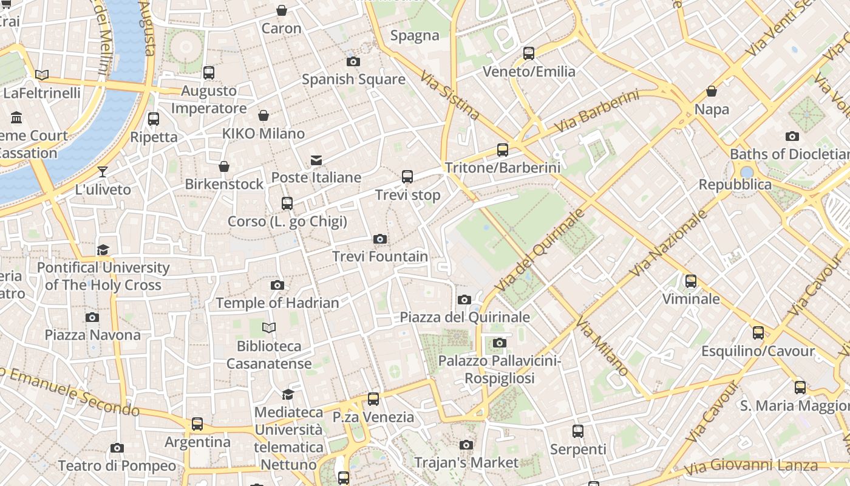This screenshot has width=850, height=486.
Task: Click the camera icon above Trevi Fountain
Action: pyautogui.click(x=380, y=239)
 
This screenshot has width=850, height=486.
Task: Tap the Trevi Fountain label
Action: pyautogui.click(x=380, y=256)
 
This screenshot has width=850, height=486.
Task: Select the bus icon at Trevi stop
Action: pyautogui.click(x=407, y=177)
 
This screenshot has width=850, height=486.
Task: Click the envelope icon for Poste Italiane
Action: pyautogui.click(x=316, y=160)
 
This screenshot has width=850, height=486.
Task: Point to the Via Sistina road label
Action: pyautogui.click(x=450, y=95)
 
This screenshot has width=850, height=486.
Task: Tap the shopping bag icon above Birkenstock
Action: pyautogui.click(x=224, y=166)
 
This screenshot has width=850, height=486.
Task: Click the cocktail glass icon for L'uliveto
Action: pyautogui.click(x=103, y=172)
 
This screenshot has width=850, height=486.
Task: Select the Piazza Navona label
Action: pyautogui.click(x=92, y=335)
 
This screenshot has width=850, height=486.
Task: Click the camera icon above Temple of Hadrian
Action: pyautogui.click(x=277, y=285)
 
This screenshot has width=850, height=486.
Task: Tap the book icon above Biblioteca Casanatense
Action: pyautogui.click(x=269, y=328)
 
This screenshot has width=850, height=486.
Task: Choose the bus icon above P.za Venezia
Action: pyautogui.click(x=373, y=399)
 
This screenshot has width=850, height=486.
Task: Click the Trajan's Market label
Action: pyautogui.click(x=466, y=463)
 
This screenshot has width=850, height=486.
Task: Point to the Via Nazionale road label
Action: pyautogui.click(x=669, y=243)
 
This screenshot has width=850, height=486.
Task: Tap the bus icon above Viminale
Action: pyautogui.click(x=691, y=281)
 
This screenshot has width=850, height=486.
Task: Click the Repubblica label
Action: pyautogui.click(x=735, y=185)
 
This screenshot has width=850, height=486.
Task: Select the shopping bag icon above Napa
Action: pyautogui.click(x=712, y=92)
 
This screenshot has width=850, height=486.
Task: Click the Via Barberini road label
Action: pyautogui.click(x=597, y=112)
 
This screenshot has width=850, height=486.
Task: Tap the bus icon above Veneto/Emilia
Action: pyautogui.click(x=529, y=53)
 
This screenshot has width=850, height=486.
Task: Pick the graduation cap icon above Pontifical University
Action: pyautogui.click(x=103, y=250)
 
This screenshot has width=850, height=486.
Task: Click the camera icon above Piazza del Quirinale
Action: pyautogui.click(x=464, y=299)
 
